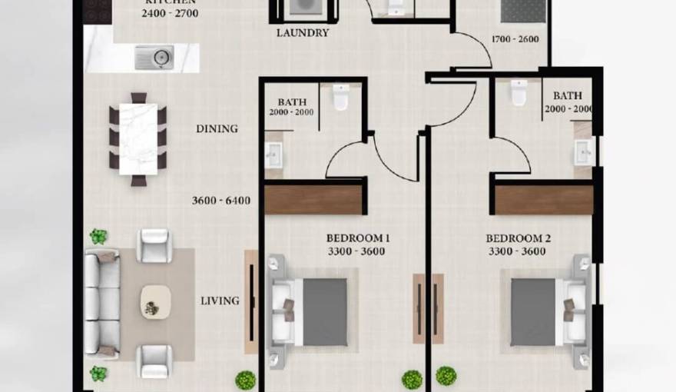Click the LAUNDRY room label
coord(303,33)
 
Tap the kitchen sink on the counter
coord(154,57)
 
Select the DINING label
coord(217,129)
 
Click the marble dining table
coord(138,139)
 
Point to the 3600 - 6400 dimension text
coord(222,201)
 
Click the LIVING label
coord(220,301)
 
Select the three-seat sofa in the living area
coord(102,304)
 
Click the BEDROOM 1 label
coord(358,238)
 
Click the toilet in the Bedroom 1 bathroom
coord(341,97)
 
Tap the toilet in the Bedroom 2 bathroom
coord(519,92)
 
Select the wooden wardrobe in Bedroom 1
coord(313,200)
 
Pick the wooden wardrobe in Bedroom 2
coord(544,200)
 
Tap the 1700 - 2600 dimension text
coord(515,39)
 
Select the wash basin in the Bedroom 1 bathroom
coord(273,156)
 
